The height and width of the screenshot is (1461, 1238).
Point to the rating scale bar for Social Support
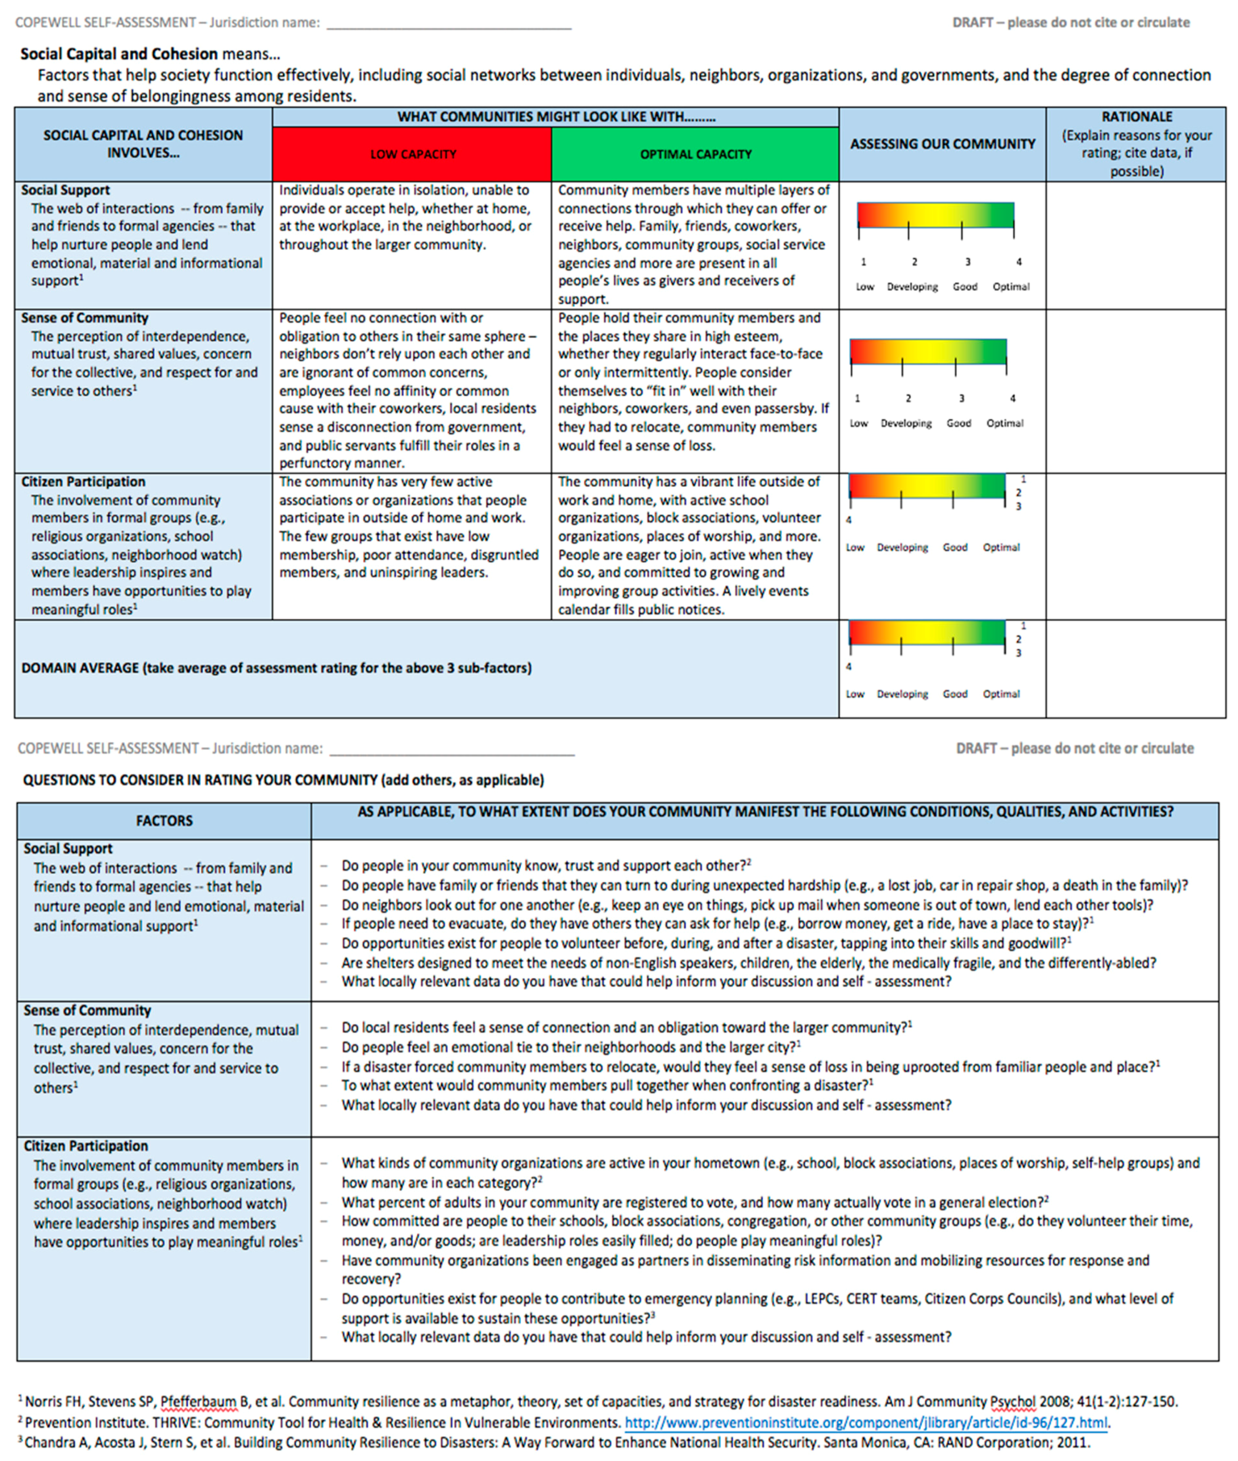coord(936,215)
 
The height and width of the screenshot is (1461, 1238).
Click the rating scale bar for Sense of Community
coord(928,351)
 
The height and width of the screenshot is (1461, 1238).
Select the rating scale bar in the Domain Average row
coord(926,632)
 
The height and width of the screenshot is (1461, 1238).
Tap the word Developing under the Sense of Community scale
coord(906,423)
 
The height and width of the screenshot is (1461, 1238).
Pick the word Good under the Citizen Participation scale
coord(955,547)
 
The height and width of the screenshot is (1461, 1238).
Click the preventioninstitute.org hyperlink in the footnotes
coord(867,1423)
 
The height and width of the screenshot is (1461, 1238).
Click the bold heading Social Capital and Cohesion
coord(119,54)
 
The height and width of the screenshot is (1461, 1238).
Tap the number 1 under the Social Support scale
coord(863,262)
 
